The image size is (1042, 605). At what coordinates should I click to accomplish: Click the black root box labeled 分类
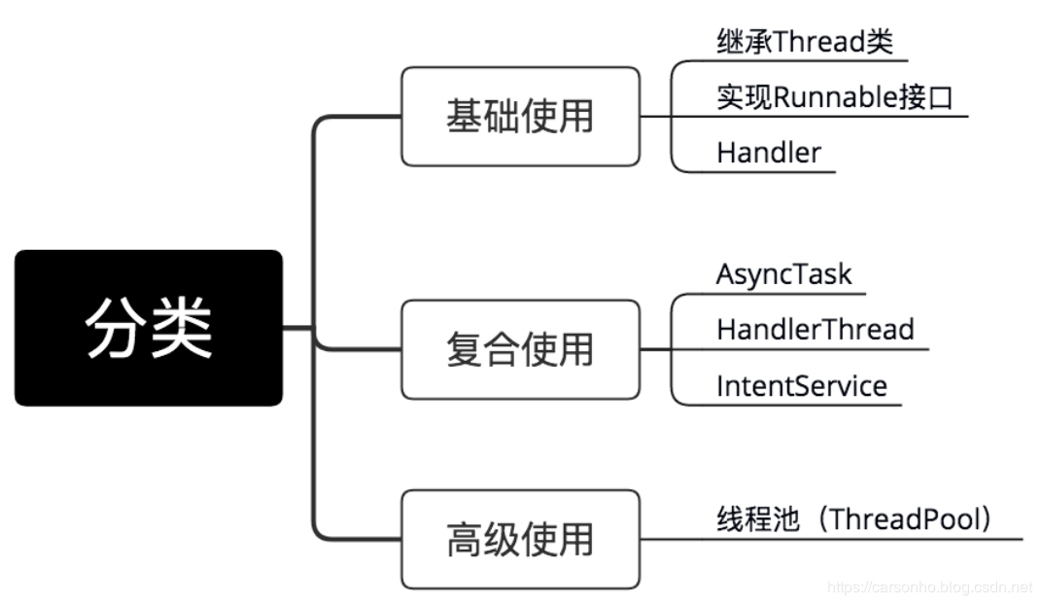pyautogui.click(x=148, y=328)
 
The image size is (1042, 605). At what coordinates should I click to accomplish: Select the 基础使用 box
pyautogui.click(x=520, y=117)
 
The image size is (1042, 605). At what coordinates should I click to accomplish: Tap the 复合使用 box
pyautogui.click(x=520, y=349)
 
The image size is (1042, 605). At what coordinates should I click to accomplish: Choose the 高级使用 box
pyautogui.click(x=520, y=539)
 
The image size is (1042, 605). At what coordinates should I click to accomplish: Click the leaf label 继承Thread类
pyautogui.click(x=804, y=42)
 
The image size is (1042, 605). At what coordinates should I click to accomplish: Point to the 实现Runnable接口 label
pyautogui.click(x=834, y=97)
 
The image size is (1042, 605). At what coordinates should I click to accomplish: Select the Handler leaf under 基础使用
pyautogui.click(x=768, y=153)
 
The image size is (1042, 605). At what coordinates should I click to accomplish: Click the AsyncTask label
pyautogui.click(x=783, y=273)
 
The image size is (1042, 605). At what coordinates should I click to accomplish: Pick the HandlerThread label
pyautogui.click(x=815, y=329)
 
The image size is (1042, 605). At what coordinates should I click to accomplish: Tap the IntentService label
pyautogui.click(x=801, y=386)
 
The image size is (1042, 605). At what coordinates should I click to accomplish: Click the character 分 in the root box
pyautogui.click(x=115, y=328)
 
